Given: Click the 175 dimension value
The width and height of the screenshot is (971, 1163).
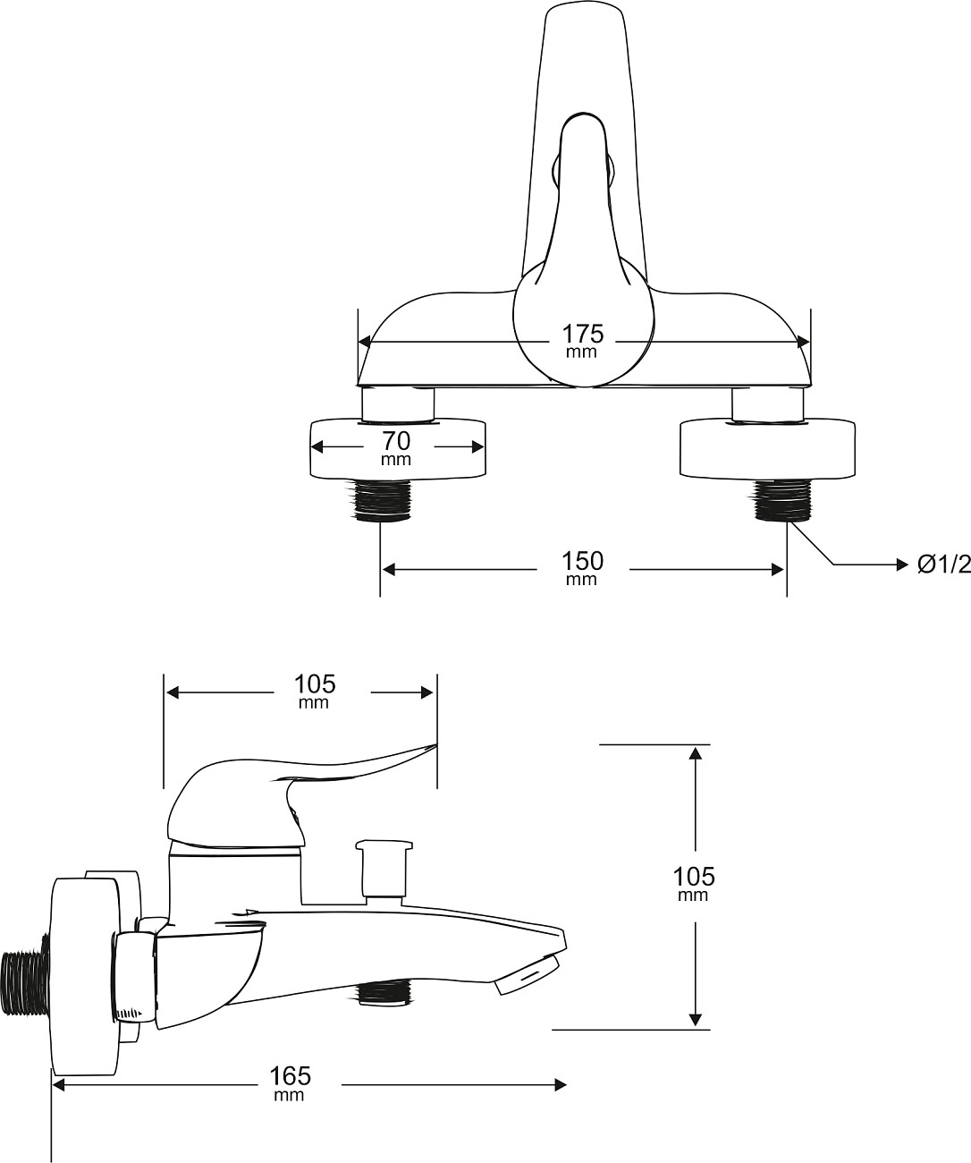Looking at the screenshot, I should pos(582,334).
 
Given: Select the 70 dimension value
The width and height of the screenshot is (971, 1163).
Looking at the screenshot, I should pos(396,441).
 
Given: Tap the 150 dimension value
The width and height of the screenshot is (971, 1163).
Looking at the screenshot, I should pos(582,561).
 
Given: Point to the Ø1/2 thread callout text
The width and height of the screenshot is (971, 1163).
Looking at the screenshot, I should pos(943,565).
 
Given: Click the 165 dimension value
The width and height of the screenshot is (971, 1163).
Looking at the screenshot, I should pos(290,1076).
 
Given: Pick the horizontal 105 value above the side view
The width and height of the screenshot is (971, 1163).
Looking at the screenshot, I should pos(315,684).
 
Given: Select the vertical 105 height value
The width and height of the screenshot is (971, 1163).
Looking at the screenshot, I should pos(694,877).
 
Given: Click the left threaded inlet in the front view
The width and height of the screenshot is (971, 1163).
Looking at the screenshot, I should pos(381,499).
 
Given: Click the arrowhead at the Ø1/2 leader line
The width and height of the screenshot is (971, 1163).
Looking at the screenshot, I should pos(901,565).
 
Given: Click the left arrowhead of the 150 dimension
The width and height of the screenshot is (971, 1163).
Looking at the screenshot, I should pos(388,569).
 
